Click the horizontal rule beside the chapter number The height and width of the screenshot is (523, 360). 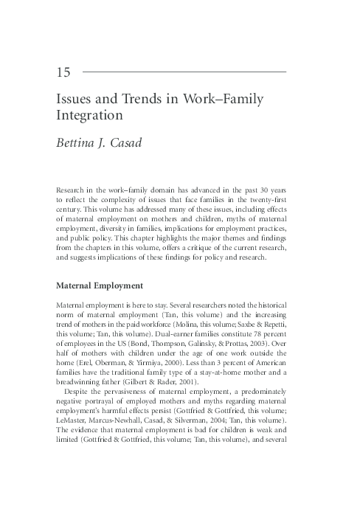(184, 72)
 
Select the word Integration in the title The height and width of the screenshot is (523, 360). (88, 116)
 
